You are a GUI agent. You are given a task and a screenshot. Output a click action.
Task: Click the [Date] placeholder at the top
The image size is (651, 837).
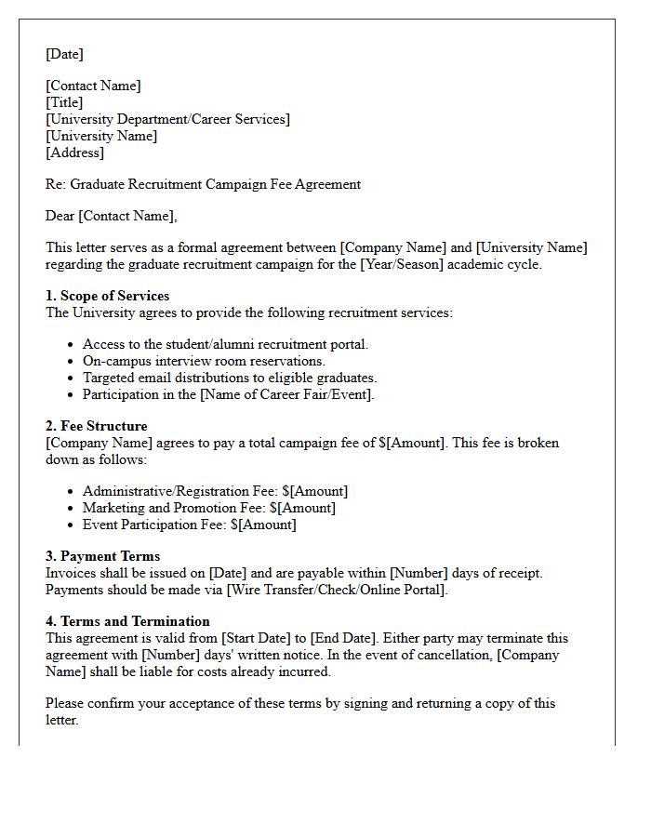click(x=64, y=54)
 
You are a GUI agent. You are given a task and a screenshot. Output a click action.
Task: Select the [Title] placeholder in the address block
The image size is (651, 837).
click(x=64, y=102)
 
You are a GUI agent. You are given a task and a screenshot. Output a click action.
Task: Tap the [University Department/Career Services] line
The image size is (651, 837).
click(x=167, y=119)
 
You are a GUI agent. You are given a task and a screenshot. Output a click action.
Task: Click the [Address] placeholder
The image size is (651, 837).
click(x=74, y=153)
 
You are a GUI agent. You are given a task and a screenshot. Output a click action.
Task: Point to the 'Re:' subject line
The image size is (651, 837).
click(x=203, y=184)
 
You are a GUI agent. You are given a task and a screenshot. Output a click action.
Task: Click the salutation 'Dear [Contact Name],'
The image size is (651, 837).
click(x=111, y=216)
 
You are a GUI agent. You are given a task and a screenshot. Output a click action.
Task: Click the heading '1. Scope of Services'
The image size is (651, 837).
click(x=108, y=296)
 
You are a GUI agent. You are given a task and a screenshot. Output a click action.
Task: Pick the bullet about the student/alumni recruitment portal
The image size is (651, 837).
click(x=225, y=344)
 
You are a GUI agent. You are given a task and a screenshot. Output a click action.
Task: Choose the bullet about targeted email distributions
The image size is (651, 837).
click(x=229, y=378)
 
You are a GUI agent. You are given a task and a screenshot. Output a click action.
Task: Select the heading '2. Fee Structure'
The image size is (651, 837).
click(x=97, y=426)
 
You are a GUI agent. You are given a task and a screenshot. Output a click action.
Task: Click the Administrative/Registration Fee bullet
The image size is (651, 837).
click(x=215, y=491)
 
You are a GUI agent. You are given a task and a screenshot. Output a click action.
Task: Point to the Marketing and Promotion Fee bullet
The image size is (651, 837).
click(x=208, y=508)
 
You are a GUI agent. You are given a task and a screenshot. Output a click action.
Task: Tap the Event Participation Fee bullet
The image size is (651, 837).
click(x=189, y=525)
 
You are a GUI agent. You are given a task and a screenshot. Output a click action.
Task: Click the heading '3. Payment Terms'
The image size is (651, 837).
click(x=102, y=556)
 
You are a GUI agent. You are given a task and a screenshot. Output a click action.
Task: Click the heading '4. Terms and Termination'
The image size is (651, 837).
click(x=127, y=621)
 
